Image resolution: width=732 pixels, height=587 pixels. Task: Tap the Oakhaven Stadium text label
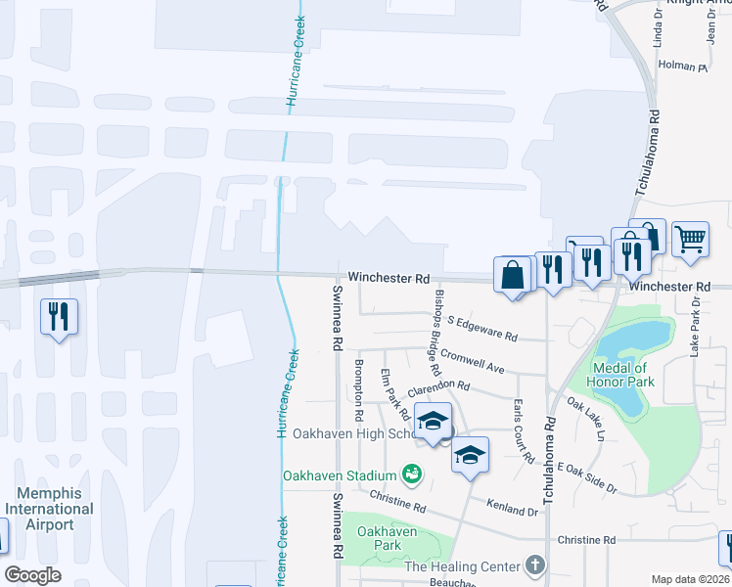tap(340, 476)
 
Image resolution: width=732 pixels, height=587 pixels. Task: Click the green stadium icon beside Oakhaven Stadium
tap(413, 475)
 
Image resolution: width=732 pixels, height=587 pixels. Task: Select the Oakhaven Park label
tap(388, 538)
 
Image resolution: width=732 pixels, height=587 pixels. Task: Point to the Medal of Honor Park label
tap(620, 375)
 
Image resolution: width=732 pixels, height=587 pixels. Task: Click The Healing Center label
tap(462, 566)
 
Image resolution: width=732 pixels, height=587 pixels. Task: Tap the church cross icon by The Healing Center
tap(534, 564)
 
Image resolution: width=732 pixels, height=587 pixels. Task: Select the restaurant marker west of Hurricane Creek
tap(58, 316)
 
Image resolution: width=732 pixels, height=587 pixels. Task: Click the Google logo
tap(32, 575)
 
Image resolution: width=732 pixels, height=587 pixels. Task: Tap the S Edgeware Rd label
tap(481, 328)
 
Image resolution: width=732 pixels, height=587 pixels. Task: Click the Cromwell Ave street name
tap(472, 361)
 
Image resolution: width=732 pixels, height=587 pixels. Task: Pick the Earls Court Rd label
tap(522, 431)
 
